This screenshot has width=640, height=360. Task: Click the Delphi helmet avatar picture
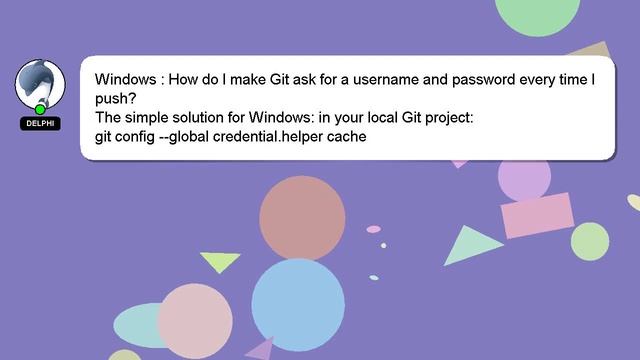coord(40,83)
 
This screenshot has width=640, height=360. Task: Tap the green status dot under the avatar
coord(40,109)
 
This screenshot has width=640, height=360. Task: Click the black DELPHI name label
coord(40,124)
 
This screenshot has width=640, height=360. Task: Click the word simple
coord(150,118)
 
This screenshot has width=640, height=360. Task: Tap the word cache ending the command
coord(346,137)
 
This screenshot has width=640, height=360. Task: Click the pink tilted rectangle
coord(536,215)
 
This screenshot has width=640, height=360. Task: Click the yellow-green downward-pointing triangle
coord(220,261)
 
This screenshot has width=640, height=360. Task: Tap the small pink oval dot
coord(374,229)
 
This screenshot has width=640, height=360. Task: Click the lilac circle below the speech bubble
coord(524,178)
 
